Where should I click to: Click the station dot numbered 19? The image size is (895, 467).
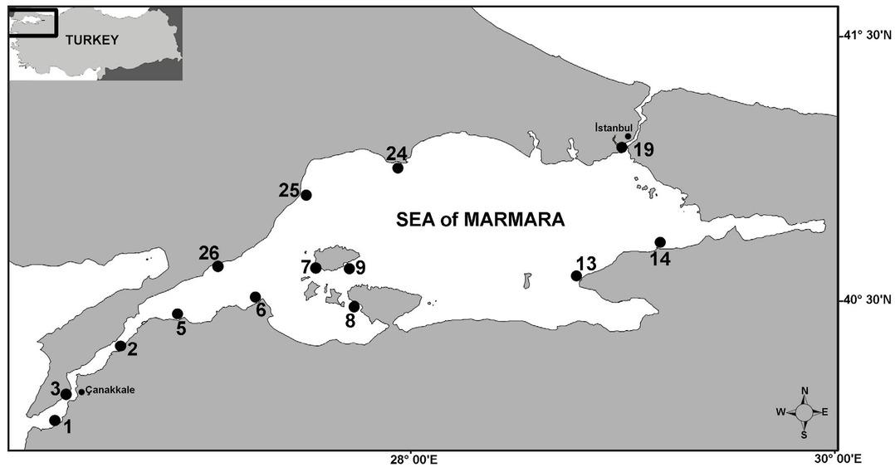point(621,148)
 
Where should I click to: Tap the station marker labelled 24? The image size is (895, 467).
point(398,168)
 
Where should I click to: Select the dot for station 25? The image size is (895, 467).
point(306,196)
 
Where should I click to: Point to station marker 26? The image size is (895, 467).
point(218,267)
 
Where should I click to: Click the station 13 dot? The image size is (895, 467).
point(576,276)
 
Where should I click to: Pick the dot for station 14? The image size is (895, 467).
point(660,242)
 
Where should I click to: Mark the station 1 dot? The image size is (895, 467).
point(55,421)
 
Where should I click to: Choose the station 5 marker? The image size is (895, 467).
point(177,314)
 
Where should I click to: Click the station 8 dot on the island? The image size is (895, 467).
point(354,307)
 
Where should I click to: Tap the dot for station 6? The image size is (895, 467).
point(255,297)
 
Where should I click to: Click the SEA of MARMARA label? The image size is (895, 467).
point(480,221)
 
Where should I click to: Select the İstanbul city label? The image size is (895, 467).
point(614,128)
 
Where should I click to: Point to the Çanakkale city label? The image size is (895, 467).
point(110,390)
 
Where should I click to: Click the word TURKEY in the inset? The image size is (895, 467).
point(92,40)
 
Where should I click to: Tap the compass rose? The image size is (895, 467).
point(804,411)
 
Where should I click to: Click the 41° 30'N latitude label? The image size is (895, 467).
point(863,35)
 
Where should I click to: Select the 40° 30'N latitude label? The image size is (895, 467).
point(863,299)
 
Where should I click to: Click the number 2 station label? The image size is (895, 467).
point(132,349)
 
